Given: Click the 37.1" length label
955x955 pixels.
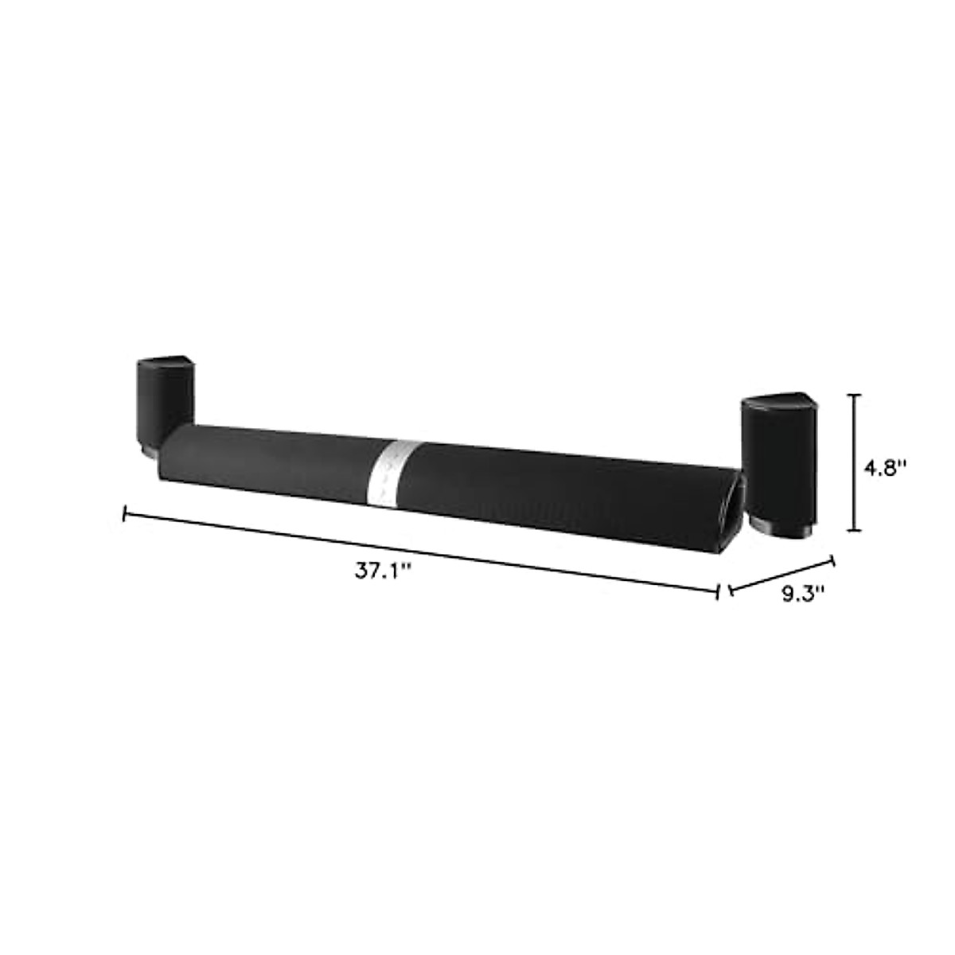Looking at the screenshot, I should (382, 571).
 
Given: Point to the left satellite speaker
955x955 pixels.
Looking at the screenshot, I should (164, 402).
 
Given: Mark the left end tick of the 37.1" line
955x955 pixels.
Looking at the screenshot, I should (124, 515).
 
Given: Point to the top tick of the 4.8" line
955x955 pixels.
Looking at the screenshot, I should (855, 395).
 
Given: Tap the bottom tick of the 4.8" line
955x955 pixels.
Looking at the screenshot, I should (855, 530).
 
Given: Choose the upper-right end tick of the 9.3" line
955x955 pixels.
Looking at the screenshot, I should (833, 559).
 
